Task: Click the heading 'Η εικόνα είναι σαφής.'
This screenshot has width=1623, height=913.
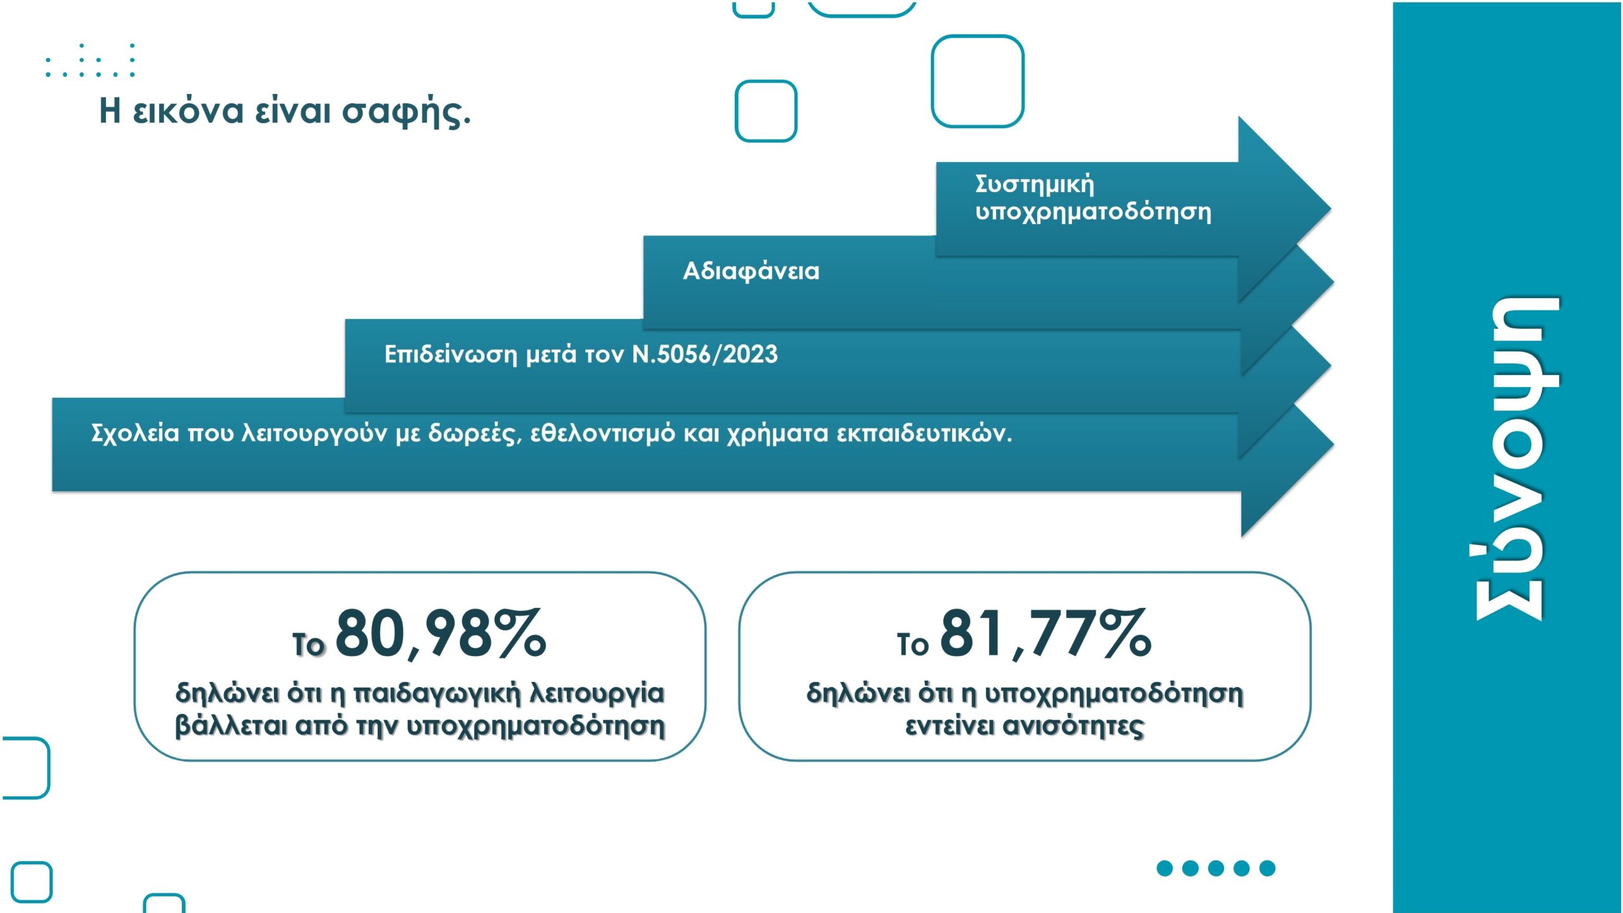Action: click(x=285, y=111)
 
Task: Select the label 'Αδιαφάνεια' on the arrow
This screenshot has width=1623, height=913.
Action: click(x=751, y=272)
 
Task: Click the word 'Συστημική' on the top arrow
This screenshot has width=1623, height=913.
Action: click(x=1035, y=184)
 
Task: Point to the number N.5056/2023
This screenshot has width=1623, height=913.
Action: click(x=705, y=354)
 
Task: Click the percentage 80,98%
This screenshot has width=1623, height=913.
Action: click(x=441, y=633)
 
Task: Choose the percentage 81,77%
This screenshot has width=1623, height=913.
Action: click(x=1046, y=633)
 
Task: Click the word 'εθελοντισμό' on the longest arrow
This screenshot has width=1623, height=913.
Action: click(x=603, y=433)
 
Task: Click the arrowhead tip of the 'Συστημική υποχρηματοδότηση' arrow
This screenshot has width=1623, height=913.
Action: click(x=1330, y=209)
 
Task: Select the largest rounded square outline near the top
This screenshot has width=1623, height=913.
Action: click(x=978, y=81)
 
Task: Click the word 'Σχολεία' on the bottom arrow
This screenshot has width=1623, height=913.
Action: click(x=135, y=433)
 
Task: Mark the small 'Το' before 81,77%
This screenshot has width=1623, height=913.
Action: click(x=912, y=645)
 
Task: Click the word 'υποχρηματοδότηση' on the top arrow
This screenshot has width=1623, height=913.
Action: click(x=1094, y=213)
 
